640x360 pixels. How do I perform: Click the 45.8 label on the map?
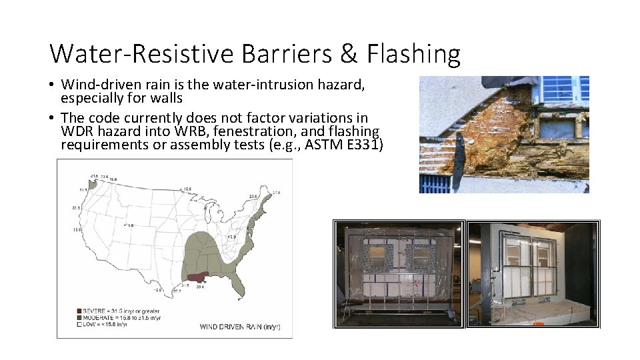click(233, 237)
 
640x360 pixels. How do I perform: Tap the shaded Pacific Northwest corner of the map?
click(92, 183)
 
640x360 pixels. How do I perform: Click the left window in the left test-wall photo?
click(378, 257)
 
